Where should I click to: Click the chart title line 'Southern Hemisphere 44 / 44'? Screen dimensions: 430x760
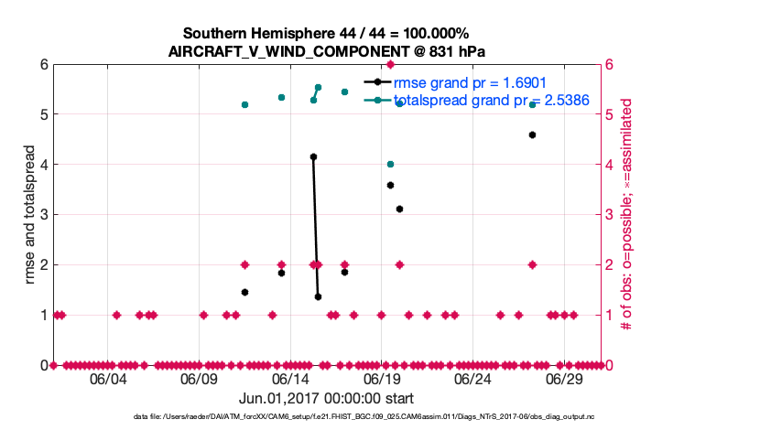click(x=325, y=34)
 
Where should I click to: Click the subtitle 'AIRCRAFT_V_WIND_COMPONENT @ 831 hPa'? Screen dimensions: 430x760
click(x=325, y=51)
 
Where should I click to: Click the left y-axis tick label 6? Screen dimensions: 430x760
click(x=43, y=65)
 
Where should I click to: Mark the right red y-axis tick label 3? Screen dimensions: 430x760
click(x=610, y=215)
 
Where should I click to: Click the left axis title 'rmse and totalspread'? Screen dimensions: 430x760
click(x=29, y=215)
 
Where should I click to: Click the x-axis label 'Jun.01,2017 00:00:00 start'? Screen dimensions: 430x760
click(x=326, y=399)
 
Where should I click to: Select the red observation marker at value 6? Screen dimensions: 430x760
click(x=390, y=64)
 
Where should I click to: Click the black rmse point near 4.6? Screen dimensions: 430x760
click(x=532, y=134)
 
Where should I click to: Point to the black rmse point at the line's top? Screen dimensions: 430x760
click(x=313, y=156)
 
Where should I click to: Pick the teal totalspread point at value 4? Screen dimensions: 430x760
click(x=390, y=164)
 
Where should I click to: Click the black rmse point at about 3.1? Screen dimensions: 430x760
click(x=399, y=209)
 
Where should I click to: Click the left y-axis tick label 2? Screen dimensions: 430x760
click(x=43, y=265)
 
